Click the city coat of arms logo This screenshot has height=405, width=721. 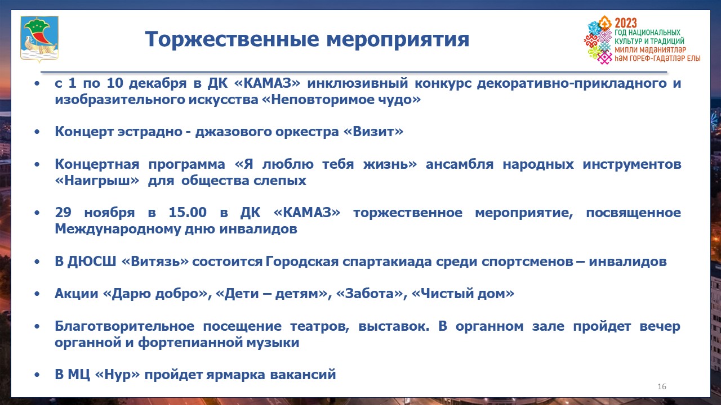coord(39,39)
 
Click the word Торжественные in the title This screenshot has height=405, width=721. coord(232,39)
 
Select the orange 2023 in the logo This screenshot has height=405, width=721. coord(626,23)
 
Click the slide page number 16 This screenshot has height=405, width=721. coord(662,386)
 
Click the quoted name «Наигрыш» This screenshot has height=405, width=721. coord(97,181)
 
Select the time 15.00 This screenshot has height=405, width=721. coord(188,212)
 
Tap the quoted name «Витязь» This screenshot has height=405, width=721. coord(155,262)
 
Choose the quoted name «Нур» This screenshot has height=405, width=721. coord(118,375)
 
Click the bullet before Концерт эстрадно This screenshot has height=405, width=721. coord(37,132)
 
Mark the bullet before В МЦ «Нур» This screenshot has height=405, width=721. coord(37,375)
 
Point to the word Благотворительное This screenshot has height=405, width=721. coord(124,327)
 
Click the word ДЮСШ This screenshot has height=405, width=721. coord(91,262)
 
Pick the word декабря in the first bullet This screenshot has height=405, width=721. coord(158,83)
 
